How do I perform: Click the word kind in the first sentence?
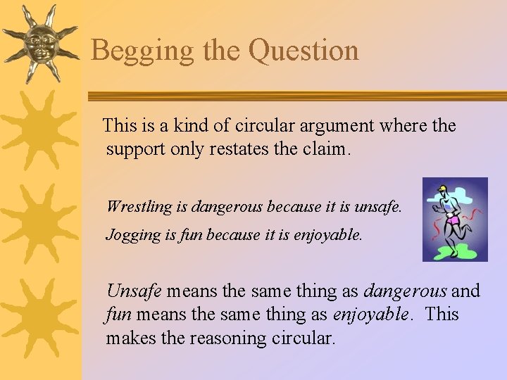193,126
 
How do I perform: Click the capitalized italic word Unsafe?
134,291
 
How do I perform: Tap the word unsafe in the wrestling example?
379,207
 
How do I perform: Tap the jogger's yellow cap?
442,189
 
